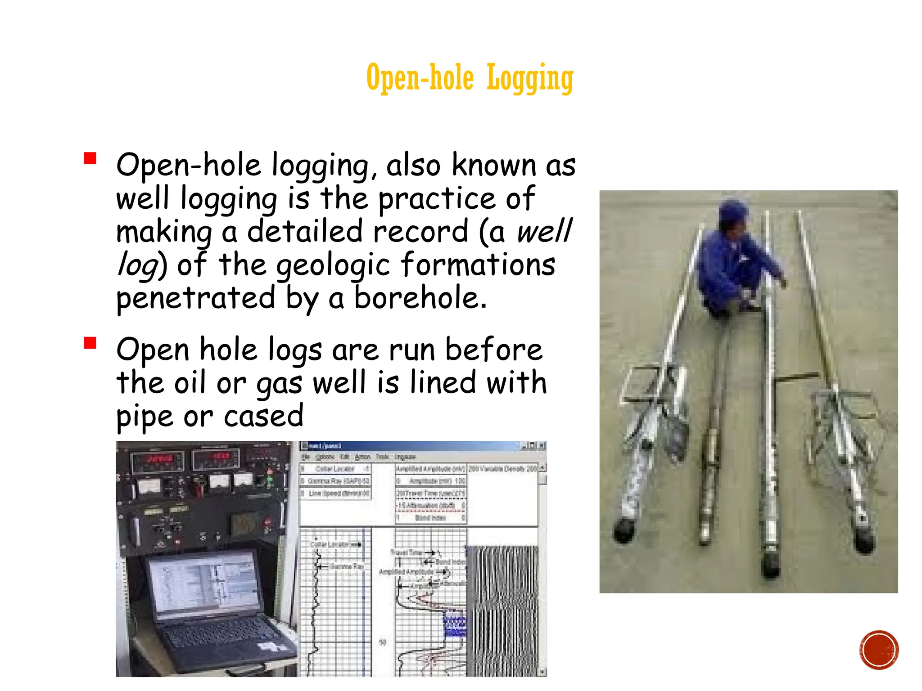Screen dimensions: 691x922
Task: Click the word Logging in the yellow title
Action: point(530,78)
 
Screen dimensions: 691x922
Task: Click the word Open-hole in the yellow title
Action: point(420,78)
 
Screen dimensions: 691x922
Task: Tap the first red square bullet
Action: point(90,159)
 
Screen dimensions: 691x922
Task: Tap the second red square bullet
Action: point(90,343)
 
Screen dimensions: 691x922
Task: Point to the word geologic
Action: point(333,265)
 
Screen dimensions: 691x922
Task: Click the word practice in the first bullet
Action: point(436,199)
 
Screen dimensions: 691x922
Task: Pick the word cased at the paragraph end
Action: point(263,416)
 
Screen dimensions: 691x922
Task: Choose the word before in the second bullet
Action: point(493,350)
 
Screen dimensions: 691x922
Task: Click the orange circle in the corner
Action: point(878,650)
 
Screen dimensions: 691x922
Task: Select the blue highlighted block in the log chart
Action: point(455,623)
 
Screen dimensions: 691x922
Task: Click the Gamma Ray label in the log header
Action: point(335,481)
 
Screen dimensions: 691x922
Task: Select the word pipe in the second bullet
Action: point(145,417)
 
